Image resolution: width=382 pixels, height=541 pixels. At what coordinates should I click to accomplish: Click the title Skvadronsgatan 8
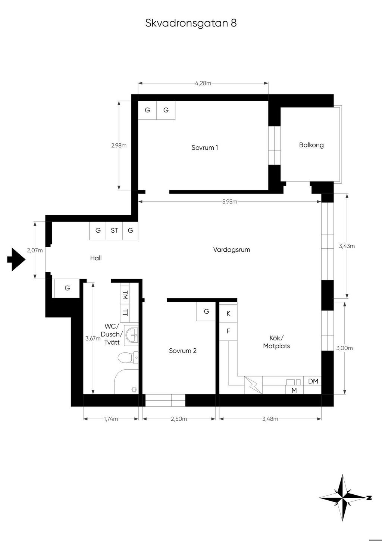(x=191, y=23)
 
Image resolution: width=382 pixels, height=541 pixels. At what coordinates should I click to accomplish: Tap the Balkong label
(x=311, y=145)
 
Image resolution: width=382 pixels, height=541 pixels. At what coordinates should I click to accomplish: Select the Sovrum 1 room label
(x=205, y=147)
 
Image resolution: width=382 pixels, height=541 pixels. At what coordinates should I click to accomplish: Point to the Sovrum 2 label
(x=183, y=351)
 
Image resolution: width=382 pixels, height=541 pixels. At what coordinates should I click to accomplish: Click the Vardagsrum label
(x=231, y=250)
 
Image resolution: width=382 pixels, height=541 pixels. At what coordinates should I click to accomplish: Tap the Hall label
(x=96, y=258)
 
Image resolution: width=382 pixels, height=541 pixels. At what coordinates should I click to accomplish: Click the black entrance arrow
(x=16, y=259)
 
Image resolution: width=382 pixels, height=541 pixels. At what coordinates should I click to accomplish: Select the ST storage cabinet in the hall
(x=115, y=230)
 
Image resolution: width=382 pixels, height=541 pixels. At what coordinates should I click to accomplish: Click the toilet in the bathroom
(x=128, y=357)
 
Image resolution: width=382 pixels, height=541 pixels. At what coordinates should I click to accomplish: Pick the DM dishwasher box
(x=313, y=381)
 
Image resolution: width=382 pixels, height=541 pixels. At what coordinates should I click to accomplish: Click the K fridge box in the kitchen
(x=228, y=314)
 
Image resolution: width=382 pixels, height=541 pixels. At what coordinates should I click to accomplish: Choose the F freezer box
(x=228, y=332)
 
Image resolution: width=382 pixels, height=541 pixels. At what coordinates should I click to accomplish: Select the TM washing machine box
(x=125, y=295)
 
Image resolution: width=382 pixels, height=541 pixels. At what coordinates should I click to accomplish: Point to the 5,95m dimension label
(x=229, y=202)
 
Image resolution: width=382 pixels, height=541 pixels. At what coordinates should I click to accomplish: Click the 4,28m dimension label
(x=203, y=83)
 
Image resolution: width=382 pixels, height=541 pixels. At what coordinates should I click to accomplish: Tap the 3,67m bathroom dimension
(x=93, y=339)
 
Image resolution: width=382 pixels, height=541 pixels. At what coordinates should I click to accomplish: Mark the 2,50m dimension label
(x=179, y=419)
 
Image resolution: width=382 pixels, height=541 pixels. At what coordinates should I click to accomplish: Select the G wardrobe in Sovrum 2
(x=206, y=311)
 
